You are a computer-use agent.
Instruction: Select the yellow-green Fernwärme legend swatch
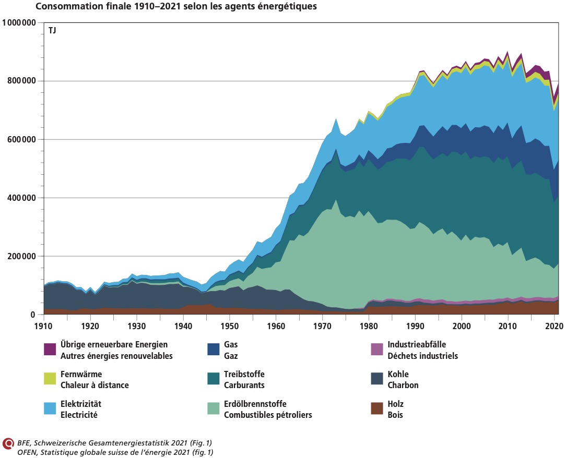50,379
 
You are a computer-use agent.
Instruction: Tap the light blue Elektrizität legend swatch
50,408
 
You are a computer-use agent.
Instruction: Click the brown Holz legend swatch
376,408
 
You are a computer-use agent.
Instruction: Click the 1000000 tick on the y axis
19,22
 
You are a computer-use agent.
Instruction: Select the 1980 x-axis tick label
369,326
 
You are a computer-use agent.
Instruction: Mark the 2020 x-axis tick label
554,326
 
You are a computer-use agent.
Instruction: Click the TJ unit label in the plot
53,31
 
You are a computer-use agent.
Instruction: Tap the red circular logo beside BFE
8,443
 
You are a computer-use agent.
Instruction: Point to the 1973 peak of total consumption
336,119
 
